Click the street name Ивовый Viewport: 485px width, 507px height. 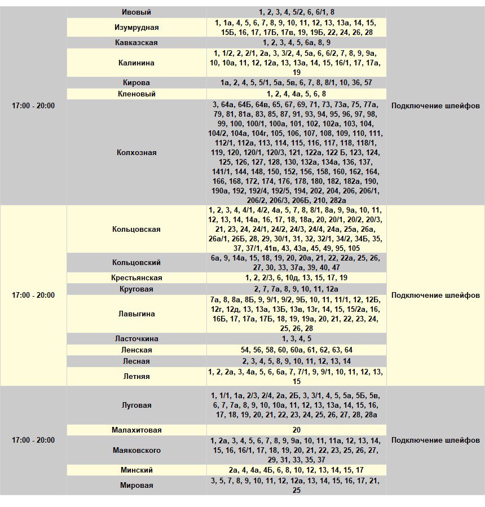136,12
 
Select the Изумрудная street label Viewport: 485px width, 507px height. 136,27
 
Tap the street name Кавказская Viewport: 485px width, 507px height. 136,42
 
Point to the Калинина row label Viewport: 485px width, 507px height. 136,63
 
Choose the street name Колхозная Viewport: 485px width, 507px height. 136,152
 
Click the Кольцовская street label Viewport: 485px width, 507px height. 136,229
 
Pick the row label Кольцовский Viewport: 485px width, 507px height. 136,262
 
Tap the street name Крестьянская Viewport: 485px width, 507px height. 136,277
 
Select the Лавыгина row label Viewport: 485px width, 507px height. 136,314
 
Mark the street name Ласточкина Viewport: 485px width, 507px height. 136,338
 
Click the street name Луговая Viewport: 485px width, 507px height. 136,405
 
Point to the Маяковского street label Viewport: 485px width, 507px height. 136,450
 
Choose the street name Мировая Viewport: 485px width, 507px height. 136,485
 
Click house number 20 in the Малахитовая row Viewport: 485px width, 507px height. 297,430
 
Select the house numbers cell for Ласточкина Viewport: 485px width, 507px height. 297,338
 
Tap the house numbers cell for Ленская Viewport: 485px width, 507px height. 297,350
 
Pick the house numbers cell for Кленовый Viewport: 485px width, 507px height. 297,94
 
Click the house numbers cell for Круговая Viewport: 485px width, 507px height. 297,289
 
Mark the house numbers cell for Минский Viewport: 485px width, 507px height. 297,470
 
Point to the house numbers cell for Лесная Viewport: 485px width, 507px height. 297,361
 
